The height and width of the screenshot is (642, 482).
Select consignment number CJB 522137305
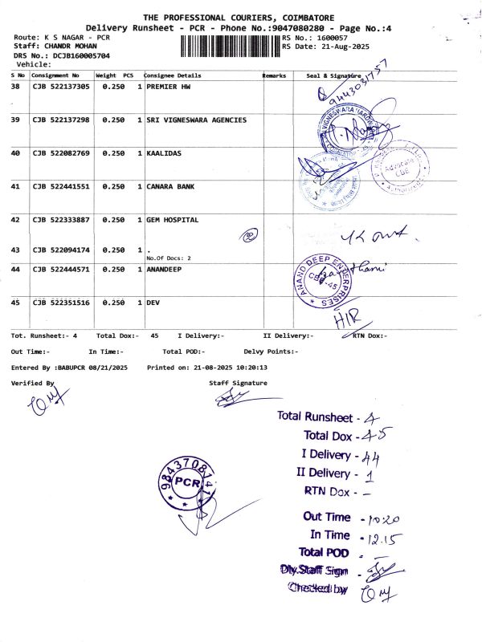60,86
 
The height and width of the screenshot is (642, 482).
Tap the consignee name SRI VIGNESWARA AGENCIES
196,120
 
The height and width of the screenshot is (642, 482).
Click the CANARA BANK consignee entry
170,186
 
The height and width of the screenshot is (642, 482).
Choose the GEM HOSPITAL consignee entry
172,219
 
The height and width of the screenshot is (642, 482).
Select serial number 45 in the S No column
15,303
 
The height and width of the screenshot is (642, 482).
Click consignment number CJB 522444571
60,269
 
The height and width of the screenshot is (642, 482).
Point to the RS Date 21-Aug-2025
325,47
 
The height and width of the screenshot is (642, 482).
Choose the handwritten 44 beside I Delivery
370,457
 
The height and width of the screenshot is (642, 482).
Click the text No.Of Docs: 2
169,258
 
